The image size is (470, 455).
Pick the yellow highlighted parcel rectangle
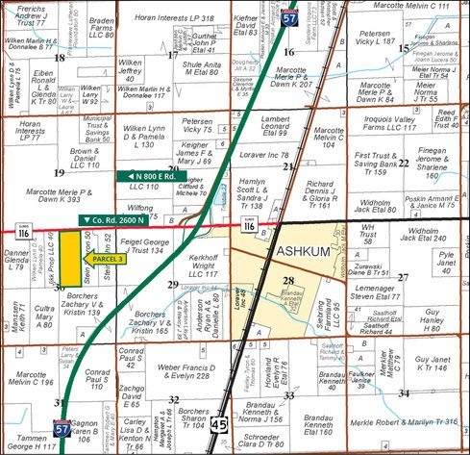(x=69, y=258)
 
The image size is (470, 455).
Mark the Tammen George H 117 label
(x=31, y=442)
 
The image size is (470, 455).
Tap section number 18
(x=60, y=58)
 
